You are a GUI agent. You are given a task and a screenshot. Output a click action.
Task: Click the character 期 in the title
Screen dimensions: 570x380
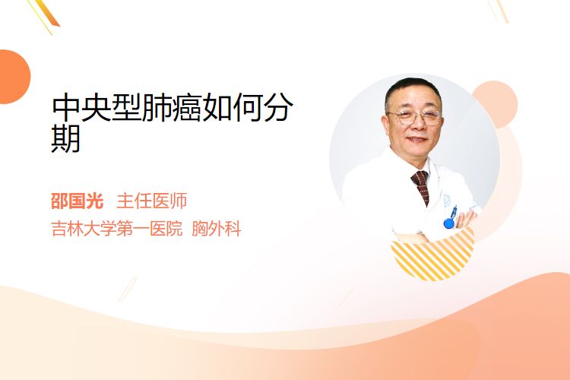coord(66,138)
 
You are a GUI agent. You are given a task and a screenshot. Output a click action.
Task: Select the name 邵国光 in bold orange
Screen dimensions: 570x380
coord(77,201)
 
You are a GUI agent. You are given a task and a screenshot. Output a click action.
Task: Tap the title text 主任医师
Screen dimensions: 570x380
coord(152,201)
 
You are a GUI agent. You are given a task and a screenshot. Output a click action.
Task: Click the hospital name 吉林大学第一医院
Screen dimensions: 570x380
coord(117,229)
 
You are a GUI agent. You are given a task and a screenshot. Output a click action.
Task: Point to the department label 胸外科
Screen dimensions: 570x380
coord(217,229)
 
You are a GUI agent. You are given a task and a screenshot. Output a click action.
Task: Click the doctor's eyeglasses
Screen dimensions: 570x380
coord(415,117)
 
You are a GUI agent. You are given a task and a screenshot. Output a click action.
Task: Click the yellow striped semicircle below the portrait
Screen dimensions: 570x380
coord(432,258)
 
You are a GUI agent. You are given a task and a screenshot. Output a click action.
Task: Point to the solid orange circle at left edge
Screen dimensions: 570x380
coord(14,77)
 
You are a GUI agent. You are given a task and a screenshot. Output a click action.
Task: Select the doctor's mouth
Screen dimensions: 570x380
coord(417,139)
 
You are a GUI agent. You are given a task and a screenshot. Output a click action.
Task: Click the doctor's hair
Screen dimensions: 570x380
coord(413,91)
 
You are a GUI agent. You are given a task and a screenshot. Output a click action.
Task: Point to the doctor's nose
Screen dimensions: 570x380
coord(416,125)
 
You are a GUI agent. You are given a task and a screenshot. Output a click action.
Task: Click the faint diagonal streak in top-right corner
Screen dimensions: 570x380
coord(499,11)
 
